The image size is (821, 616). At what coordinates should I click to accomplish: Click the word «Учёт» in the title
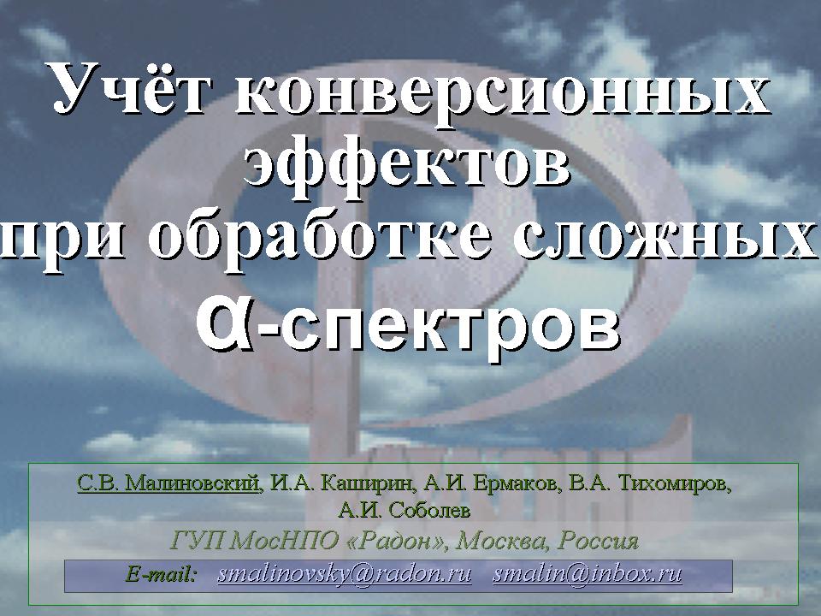[x=129, y=89]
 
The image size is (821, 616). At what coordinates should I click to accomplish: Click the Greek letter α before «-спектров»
[x=223, y=325]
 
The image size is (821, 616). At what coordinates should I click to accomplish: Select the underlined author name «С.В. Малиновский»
[x=168, y=483]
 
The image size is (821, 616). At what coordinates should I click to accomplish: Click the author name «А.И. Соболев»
[x=405, y=510]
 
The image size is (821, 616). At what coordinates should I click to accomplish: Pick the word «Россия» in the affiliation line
[x=598, y=541]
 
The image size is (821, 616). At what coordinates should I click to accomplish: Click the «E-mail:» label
[x=162, y=575]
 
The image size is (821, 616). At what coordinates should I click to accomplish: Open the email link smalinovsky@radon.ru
[x=345, y=575]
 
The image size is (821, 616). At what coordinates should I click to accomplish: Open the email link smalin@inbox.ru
[x=587, y=575]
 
